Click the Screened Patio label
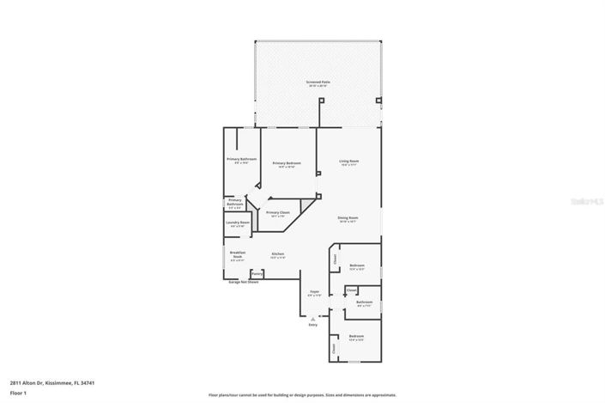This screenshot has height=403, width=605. [x=318, y=83]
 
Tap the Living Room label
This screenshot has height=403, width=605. [x=348, y=162]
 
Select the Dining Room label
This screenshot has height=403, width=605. [x=348, y=218]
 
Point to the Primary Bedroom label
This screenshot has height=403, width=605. [x=287, y=163]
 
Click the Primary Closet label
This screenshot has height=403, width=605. [x=278, y=212]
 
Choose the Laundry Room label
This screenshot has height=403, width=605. [x=238, y=223]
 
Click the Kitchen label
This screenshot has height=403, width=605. [x=278, y=254]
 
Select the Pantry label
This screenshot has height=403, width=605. [x=257, y=273]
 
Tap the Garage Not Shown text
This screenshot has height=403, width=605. [x=243, y=282]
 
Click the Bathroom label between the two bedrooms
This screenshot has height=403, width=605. [x=364, y=302]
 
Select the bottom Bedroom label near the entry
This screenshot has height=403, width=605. [x=356, y=336]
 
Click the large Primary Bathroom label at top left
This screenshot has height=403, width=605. [x=242, y=160]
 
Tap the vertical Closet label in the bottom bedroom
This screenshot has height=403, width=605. [x=334, y=348]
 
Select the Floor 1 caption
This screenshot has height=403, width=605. [x=18, y=393]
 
